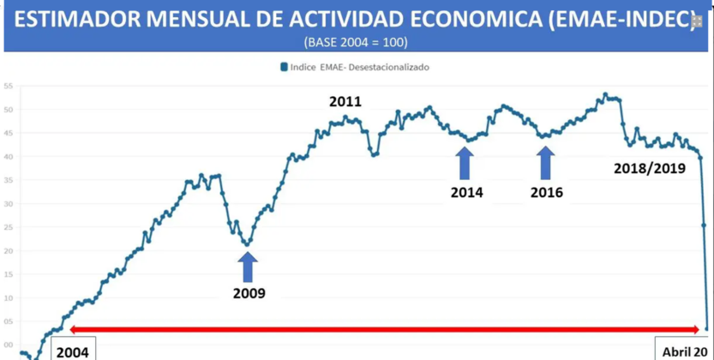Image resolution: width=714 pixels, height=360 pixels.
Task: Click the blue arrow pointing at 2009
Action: (x=248, y=267)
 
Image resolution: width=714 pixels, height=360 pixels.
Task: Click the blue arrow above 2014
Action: (x=465, y=162)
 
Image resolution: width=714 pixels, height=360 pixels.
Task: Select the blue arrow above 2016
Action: (x=546, y=162)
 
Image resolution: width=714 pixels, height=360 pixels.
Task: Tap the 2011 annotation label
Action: (x=345, y=102)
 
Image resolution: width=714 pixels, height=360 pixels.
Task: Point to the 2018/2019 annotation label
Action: (x=650, y=169)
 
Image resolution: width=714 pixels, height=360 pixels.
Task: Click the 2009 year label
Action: (x=249, y=293)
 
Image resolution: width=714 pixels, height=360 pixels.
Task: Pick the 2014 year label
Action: (x=466, y=192)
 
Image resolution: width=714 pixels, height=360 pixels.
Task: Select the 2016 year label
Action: (x=547, y=192)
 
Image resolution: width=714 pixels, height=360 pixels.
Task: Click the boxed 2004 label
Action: (x=72, y=350)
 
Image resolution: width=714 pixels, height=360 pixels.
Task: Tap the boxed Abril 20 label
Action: (x=684, y=350)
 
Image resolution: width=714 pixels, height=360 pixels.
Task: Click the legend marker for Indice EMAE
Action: (x=284, y=67)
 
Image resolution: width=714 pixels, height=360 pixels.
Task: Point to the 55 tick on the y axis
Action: (x=8, y=87)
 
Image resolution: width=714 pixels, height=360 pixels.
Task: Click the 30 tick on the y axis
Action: (x=8, y=204)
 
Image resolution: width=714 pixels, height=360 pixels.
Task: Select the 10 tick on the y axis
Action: (x=8, y=297)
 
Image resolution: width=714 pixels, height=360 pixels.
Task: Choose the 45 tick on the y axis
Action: (x=8, y=134)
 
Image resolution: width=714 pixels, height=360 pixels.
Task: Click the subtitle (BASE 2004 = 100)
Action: (x=356, y=42)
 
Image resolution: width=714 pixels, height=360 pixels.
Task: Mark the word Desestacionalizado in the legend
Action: (x=390, y=67)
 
